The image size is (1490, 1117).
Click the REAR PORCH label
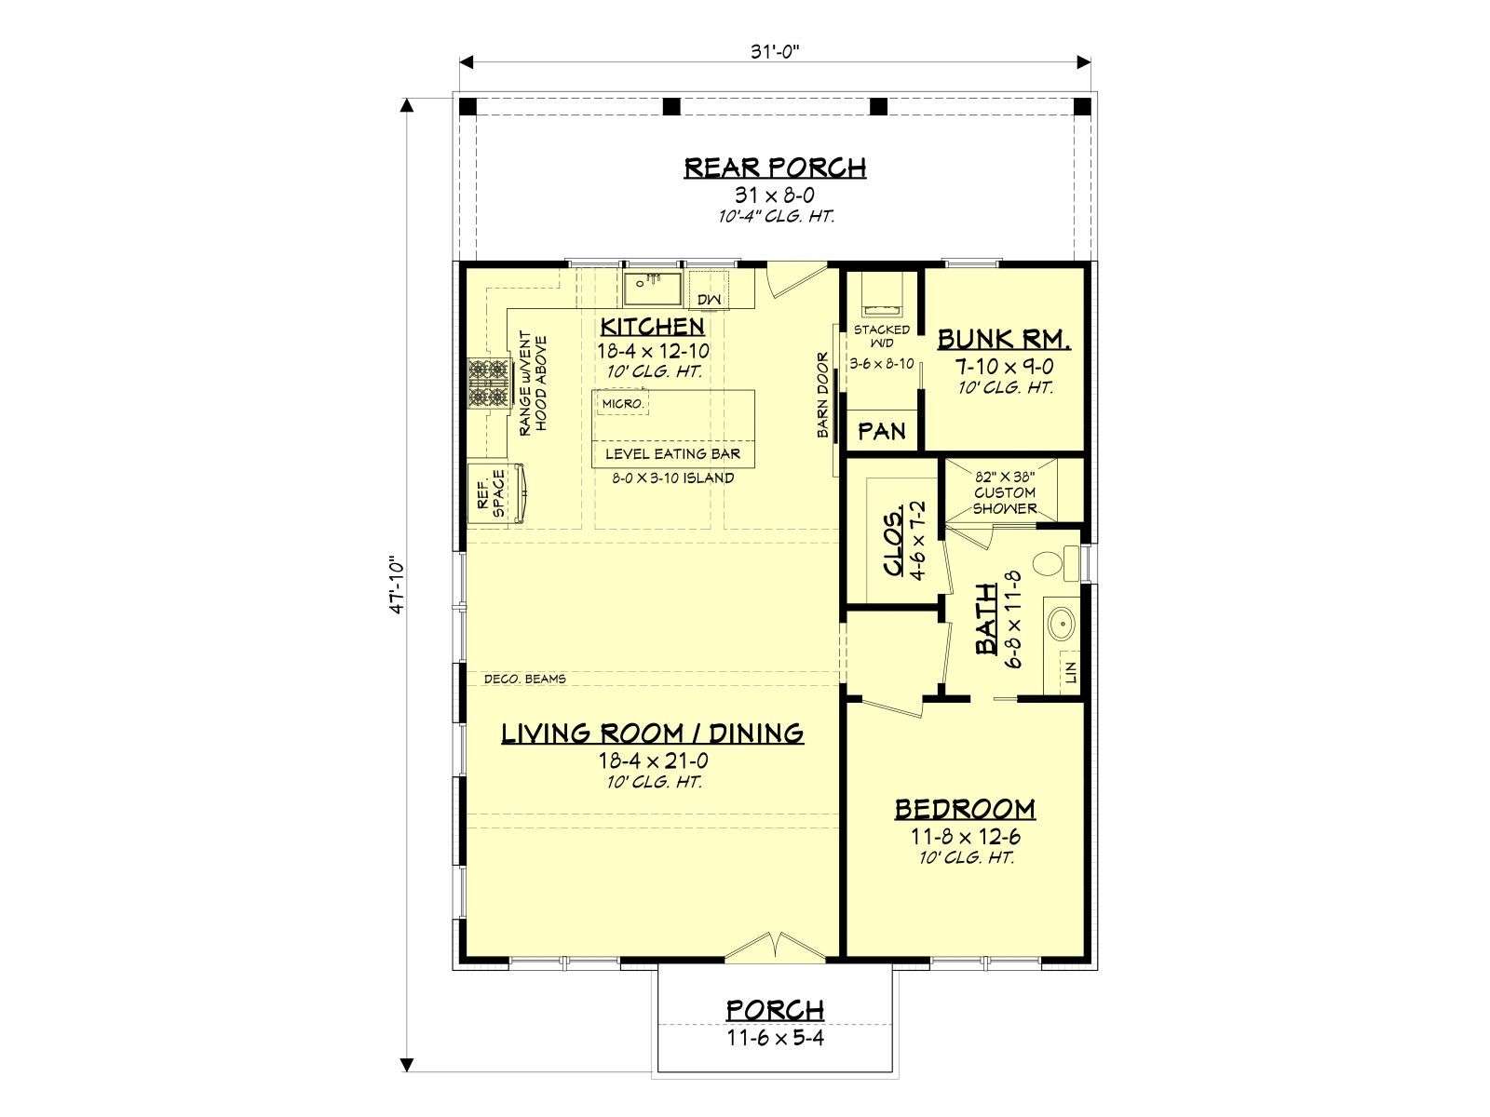coord(775,168)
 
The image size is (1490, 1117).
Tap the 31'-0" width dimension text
coord(775,52)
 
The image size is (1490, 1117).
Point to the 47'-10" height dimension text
coord(397,586)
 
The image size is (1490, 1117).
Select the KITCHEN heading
coord(653,326)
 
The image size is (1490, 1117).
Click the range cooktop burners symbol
coord(489,384)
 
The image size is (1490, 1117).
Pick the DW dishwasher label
coord(709,299)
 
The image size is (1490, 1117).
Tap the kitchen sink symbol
coord(653,289)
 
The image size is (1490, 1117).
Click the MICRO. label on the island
coord(622,404)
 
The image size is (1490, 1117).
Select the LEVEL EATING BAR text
coord(672,453)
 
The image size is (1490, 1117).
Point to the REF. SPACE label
coord(491,493)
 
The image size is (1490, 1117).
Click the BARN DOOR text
coord(822,395)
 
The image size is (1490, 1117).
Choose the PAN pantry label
coord(881,431)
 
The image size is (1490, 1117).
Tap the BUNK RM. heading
coord(1004,339)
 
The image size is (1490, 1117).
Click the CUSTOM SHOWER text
coord(1005,501)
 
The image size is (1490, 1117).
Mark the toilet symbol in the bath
coord(1055,562)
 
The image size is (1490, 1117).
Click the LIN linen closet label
coord(1071,672)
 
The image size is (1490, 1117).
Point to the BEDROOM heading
coord(965,809)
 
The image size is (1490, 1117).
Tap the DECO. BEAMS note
coord(524,679)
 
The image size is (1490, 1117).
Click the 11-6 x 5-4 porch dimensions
coord(775,1038)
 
